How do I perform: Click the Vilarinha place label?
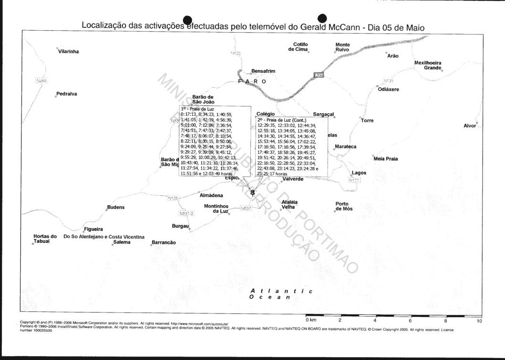point(68,51)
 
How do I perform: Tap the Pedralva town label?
point(67,94)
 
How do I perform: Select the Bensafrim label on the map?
point(263,71)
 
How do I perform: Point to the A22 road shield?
point(319,75)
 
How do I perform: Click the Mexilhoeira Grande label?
point(428,65)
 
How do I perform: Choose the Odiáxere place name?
point(388,90)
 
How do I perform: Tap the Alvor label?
point(470,126)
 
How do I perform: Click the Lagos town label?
point(359,173)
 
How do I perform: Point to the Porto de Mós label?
point(344,206)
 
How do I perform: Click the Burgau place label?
point(180,226)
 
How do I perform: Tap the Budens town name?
point(116,207)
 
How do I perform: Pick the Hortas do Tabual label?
point(45,239)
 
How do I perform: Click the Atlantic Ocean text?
point(281,294)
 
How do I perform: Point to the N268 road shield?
point(41,81)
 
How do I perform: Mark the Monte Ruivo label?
point(342,47)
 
